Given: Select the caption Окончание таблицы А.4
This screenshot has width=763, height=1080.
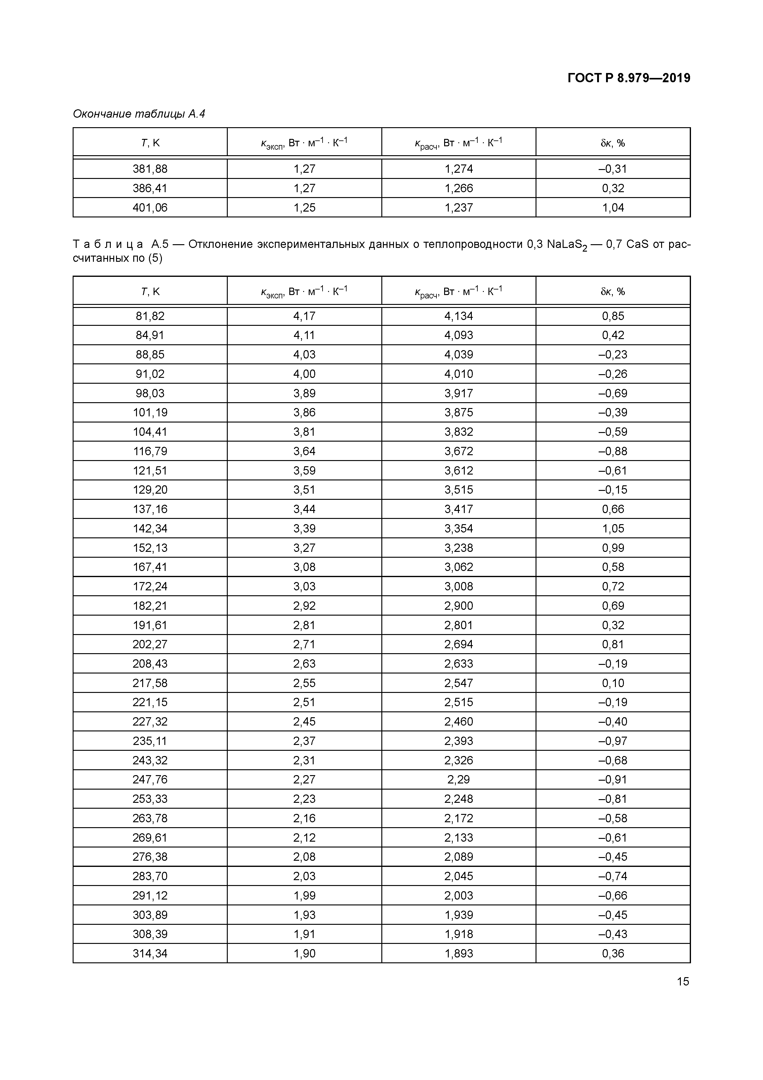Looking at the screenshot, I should (139, 114).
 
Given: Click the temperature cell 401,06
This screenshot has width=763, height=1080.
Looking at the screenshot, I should (150, 208).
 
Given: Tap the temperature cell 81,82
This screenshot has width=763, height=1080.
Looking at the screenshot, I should (150, 316).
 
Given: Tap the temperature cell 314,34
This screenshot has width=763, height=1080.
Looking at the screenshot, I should (150, 953).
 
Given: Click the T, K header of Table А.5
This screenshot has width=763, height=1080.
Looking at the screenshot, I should (150, 292).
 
